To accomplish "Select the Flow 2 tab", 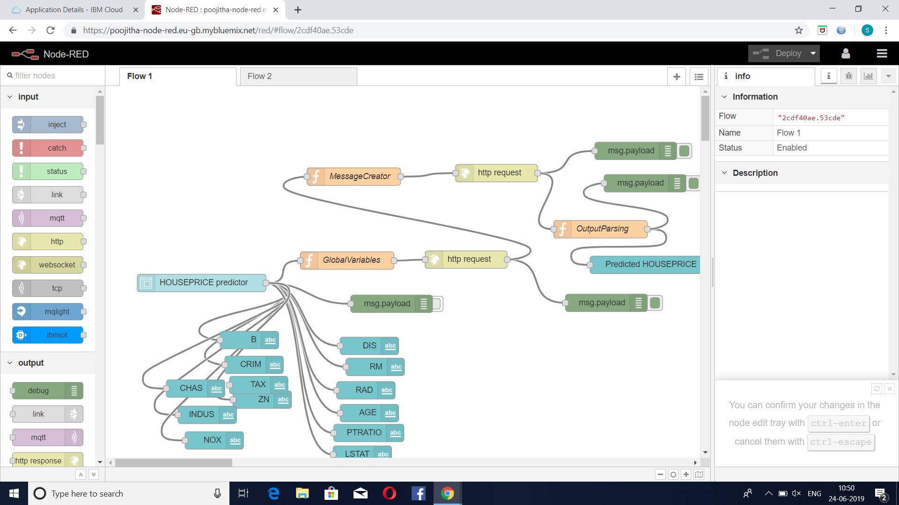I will pyautogui.click(x=298, y=76).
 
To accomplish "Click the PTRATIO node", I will pyautogui.click(x=363, y=433).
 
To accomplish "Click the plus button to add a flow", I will pyautogui.click(x=677, y=77).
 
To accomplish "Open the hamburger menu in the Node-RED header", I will pyautogui.click(x=882, y=54).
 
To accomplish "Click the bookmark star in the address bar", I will pyautogui.click(x=799, y=30).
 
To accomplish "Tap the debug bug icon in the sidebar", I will pyautogui.click(x=848, y=76).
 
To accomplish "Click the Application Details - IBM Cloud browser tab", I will pyautogui.click(x=74, y=10).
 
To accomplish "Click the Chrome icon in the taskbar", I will pyautogui.click(x=448, y=493).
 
